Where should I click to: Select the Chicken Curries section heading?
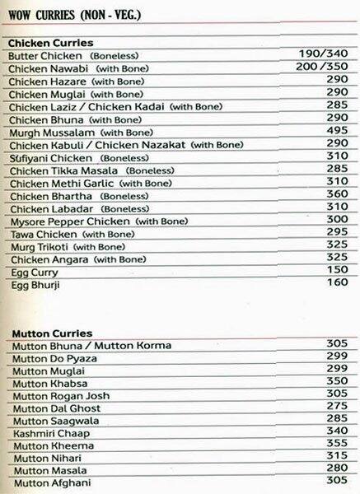(x=49, y=42)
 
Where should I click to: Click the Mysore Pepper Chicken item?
(x=68, y=221)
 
